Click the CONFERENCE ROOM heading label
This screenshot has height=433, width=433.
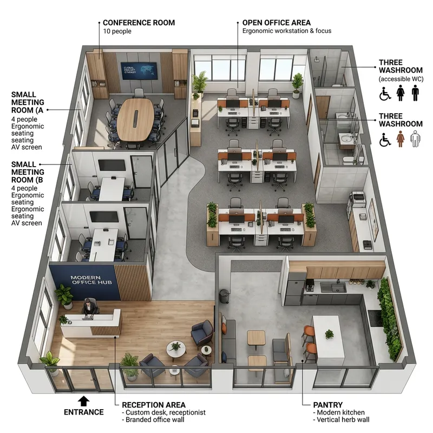click(x=139, y=23)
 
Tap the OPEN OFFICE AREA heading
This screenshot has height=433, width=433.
click(x=276, y=23)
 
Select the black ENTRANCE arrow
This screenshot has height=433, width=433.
click(x=83, y=401)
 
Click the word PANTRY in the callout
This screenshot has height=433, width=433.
click(x=328, y=404)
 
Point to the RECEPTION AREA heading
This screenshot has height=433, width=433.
click(x=154, y=404)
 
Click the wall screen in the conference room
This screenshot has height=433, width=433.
click(x=139, y=70)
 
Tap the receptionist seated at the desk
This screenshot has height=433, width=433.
click(x=89, y=309)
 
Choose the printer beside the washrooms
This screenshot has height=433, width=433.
click(x=357, y=200)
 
